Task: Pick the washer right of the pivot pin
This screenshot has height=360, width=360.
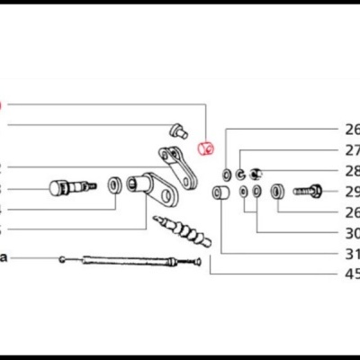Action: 115,185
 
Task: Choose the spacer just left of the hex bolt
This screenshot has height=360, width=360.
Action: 278,191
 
